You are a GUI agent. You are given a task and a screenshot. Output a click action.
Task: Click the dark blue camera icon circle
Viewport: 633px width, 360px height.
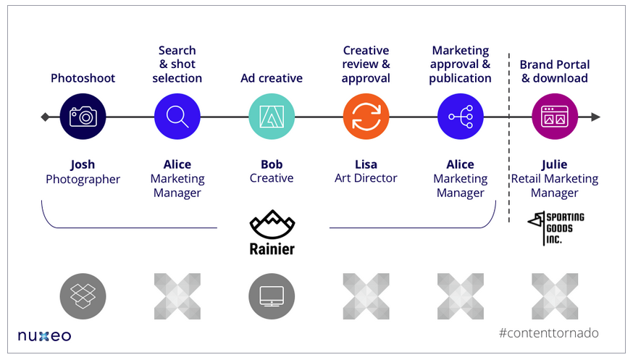click(83, 117)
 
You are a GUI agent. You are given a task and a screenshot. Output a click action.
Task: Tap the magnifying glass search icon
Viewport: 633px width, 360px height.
click(177, 117)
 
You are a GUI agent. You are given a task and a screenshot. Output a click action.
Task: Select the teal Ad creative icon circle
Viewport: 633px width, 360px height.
click(272, 117)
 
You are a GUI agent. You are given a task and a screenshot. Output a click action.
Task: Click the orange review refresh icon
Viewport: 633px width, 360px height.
click(366, 117)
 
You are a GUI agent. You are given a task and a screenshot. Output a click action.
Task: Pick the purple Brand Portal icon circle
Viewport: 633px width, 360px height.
click(555, 117)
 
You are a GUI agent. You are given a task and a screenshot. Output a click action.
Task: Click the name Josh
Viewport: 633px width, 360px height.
click(83, 164)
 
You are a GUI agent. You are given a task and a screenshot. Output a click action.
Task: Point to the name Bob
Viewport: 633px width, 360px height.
click(272, 164)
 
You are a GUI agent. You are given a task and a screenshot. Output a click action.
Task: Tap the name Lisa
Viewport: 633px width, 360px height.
click(366, 164)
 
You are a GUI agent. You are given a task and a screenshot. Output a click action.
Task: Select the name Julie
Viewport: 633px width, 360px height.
click(555, 164)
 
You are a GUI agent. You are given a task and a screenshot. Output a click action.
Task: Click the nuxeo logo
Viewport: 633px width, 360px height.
click(44, 335)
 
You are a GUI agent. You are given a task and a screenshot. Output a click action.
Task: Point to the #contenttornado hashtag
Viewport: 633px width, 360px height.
click(549, 333)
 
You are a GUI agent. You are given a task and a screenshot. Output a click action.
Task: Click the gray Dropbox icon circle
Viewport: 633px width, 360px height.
click(83, 296)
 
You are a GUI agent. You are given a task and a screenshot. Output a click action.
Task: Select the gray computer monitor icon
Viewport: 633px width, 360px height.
click(272, 296)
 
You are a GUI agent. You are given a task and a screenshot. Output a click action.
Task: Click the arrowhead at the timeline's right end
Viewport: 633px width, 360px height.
click(595, 117)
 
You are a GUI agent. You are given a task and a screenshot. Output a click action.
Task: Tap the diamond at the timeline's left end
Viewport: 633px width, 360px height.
click(45, 117)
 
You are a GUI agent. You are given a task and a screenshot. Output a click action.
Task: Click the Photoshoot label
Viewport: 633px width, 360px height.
click(83, 78)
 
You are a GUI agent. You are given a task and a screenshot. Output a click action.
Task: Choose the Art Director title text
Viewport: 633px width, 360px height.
click(366, 178)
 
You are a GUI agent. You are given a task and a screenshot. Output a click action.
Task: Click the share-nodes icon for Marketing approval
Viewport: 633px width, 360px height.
click(461, 117)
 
